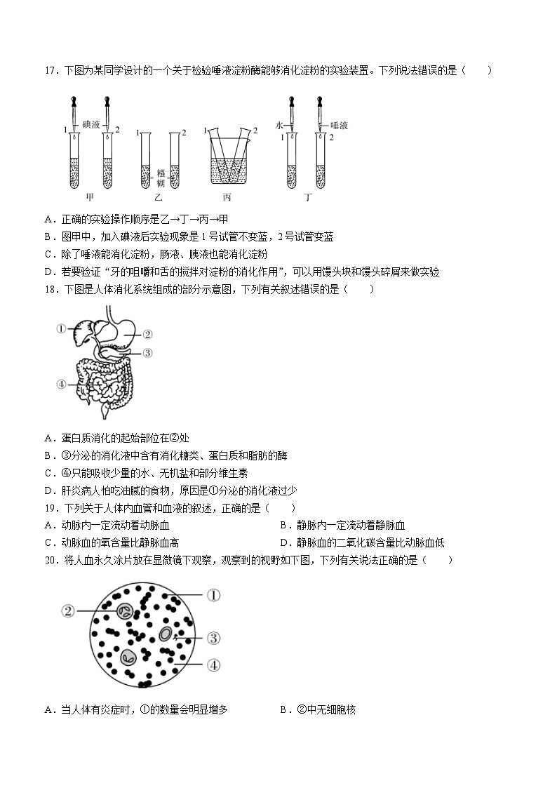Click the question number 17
coord(50,70)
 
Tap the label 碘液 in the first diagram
coord(91,124)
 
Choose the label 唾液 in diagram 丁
coord(339,125)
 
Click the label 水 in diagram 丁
coord(279,125)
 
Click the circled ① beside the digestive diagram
coord(61,328)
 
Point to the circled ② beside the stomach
coord(147,335)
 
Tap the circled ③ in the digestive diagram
coord(147,353)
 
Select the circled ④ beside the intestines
coord(61,384)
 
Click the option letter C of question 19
coord(48,542)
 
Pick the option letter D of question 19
coord(284,542)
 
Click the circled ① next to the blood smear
coord(213,595)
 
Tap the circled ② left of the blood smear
coord(68,610)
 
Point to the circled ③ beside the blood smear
coord(213,638)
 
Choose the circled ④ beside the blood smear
coord(213,664)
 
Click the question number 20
coord(50,560)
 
